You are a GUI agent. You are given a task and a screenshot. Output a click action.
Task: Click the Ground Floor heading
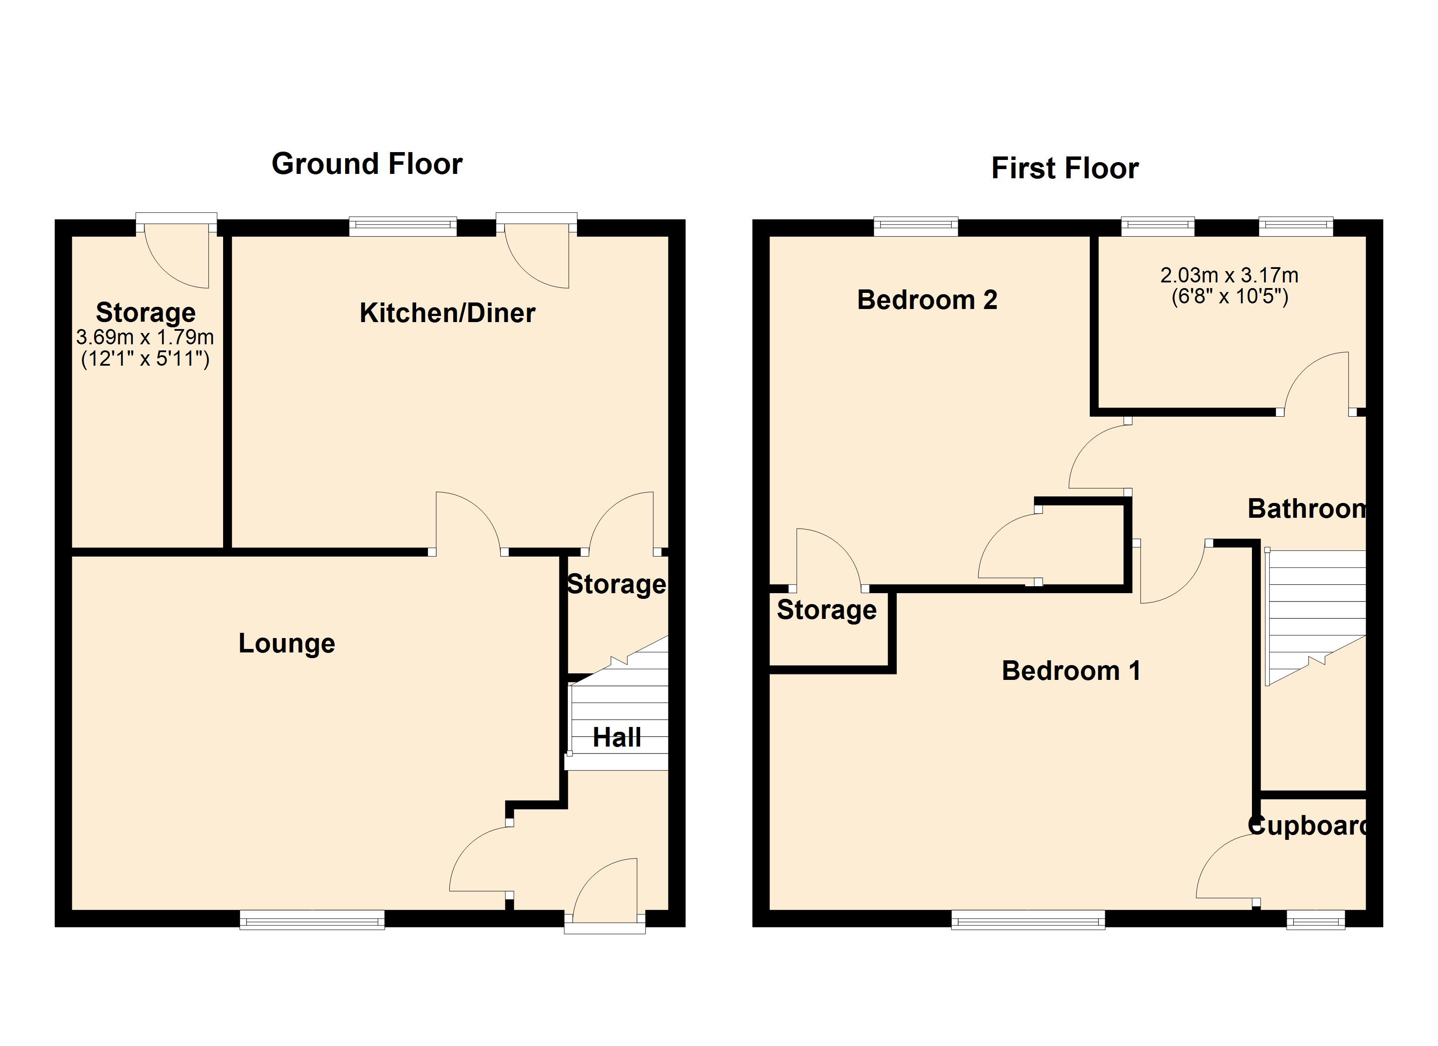pos(366,164)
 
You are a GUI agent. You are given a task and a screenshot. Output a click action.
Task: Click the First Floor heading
pos(1065,168)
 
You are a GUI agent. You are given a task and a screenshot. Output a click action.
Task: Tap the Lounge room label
pos(287,643)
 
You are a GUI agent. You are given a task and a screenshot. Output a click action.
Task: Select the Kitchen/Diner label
pos(447,313)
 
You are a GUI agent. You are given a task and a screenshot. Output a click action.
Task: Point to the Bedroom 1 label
pos(1071,670)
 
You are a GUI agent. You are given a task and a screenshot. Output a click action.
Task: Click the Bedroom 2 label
pos(927,299)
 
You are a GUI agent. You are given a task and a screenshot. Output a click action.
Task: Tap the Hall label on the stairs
pos(616,737)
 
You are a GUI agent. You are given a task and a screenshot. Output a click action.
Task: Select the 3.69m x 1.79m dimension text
pos(145,337)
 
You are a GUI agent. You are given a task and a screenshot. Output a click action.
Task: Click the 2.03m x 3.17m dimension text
pos(1229,275)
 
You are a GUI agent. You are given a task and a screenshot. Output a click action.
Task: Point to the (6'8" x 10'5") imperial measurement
pos(1229,296)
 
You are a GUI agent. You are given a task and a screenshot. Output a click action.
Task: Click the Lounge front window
pos(312,919)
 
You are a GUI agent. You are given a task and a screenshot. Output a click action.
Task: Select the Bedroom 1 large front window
pos(1028,919)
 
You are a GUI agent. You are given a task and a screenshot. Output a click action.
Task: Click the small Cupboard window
pos(1315,919)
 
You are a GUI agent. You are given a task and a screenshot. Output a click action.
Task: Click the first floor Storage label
pos(826,610)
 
